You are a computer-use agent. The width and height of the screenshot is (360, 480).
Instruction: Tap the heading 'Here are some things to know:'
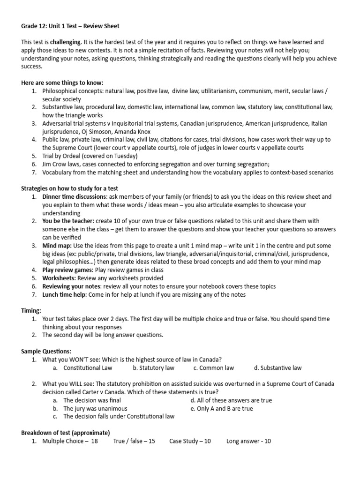point(62,82)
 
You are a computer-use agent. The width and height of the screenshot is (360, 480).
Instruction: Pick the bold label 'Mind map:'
point(57,245)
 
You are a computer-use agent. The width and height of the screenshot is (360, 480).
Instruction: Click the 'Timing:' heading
point(31,310)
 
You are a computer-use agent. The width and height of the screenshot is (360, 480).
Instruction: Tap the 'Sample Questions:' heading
point(46,351)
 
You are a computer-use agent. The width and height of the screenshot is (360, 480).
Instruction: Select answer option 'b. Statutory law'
point(153,368)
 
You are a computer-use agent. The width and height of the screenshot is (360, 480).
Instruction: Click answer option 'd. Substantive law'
point(278,368)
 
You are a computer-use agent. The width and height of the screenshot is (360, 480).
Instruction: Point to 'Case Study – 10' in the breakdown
point(190,441)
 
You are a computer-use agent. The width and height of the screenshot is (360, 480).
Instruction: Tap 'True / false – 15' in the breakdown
point(134,441)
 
